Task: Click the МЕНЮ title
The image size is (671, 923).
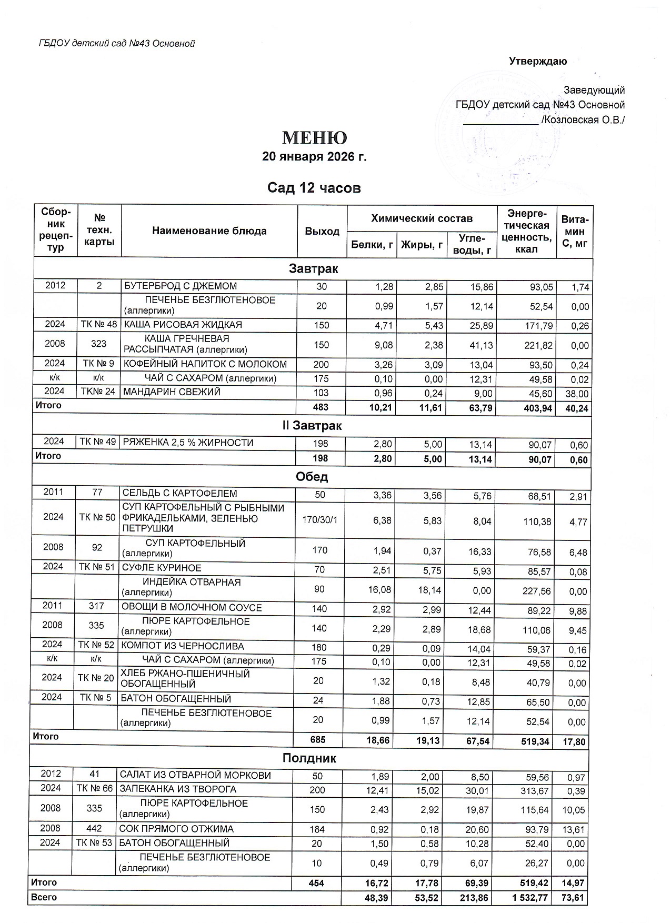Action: coord(315,138)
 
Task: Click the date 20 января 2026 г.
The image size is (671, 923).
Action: coord(314,157)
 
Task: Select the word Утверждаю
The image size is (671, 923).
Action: coord(538,62)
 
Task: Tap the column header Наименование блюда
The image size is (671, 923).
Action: coord(209,231)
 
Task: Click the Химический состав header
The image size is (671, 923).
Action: coord(422,218)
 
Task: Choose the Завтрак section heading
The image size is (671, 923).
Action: coord(313,269)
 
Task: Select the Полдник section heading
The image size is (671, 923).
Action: coord(309,758)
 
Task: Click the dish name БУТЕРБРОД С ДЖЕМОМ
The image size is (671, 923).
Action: coord(180,286)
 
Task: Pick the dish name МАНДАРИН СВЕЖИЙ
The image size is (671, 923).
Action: coord(172,392)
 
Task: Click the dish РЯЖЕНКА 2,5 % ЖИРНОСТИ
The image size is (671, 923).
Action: coord(188,443)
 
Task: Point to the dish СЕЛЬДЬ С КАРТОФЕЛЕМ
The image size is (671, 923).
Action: coord(179,494)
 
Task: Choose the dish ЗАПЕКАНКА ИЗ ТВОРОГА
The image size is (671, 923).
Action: coord(178,789)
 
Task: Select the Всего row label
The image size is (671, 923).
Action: coord(44,897)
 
